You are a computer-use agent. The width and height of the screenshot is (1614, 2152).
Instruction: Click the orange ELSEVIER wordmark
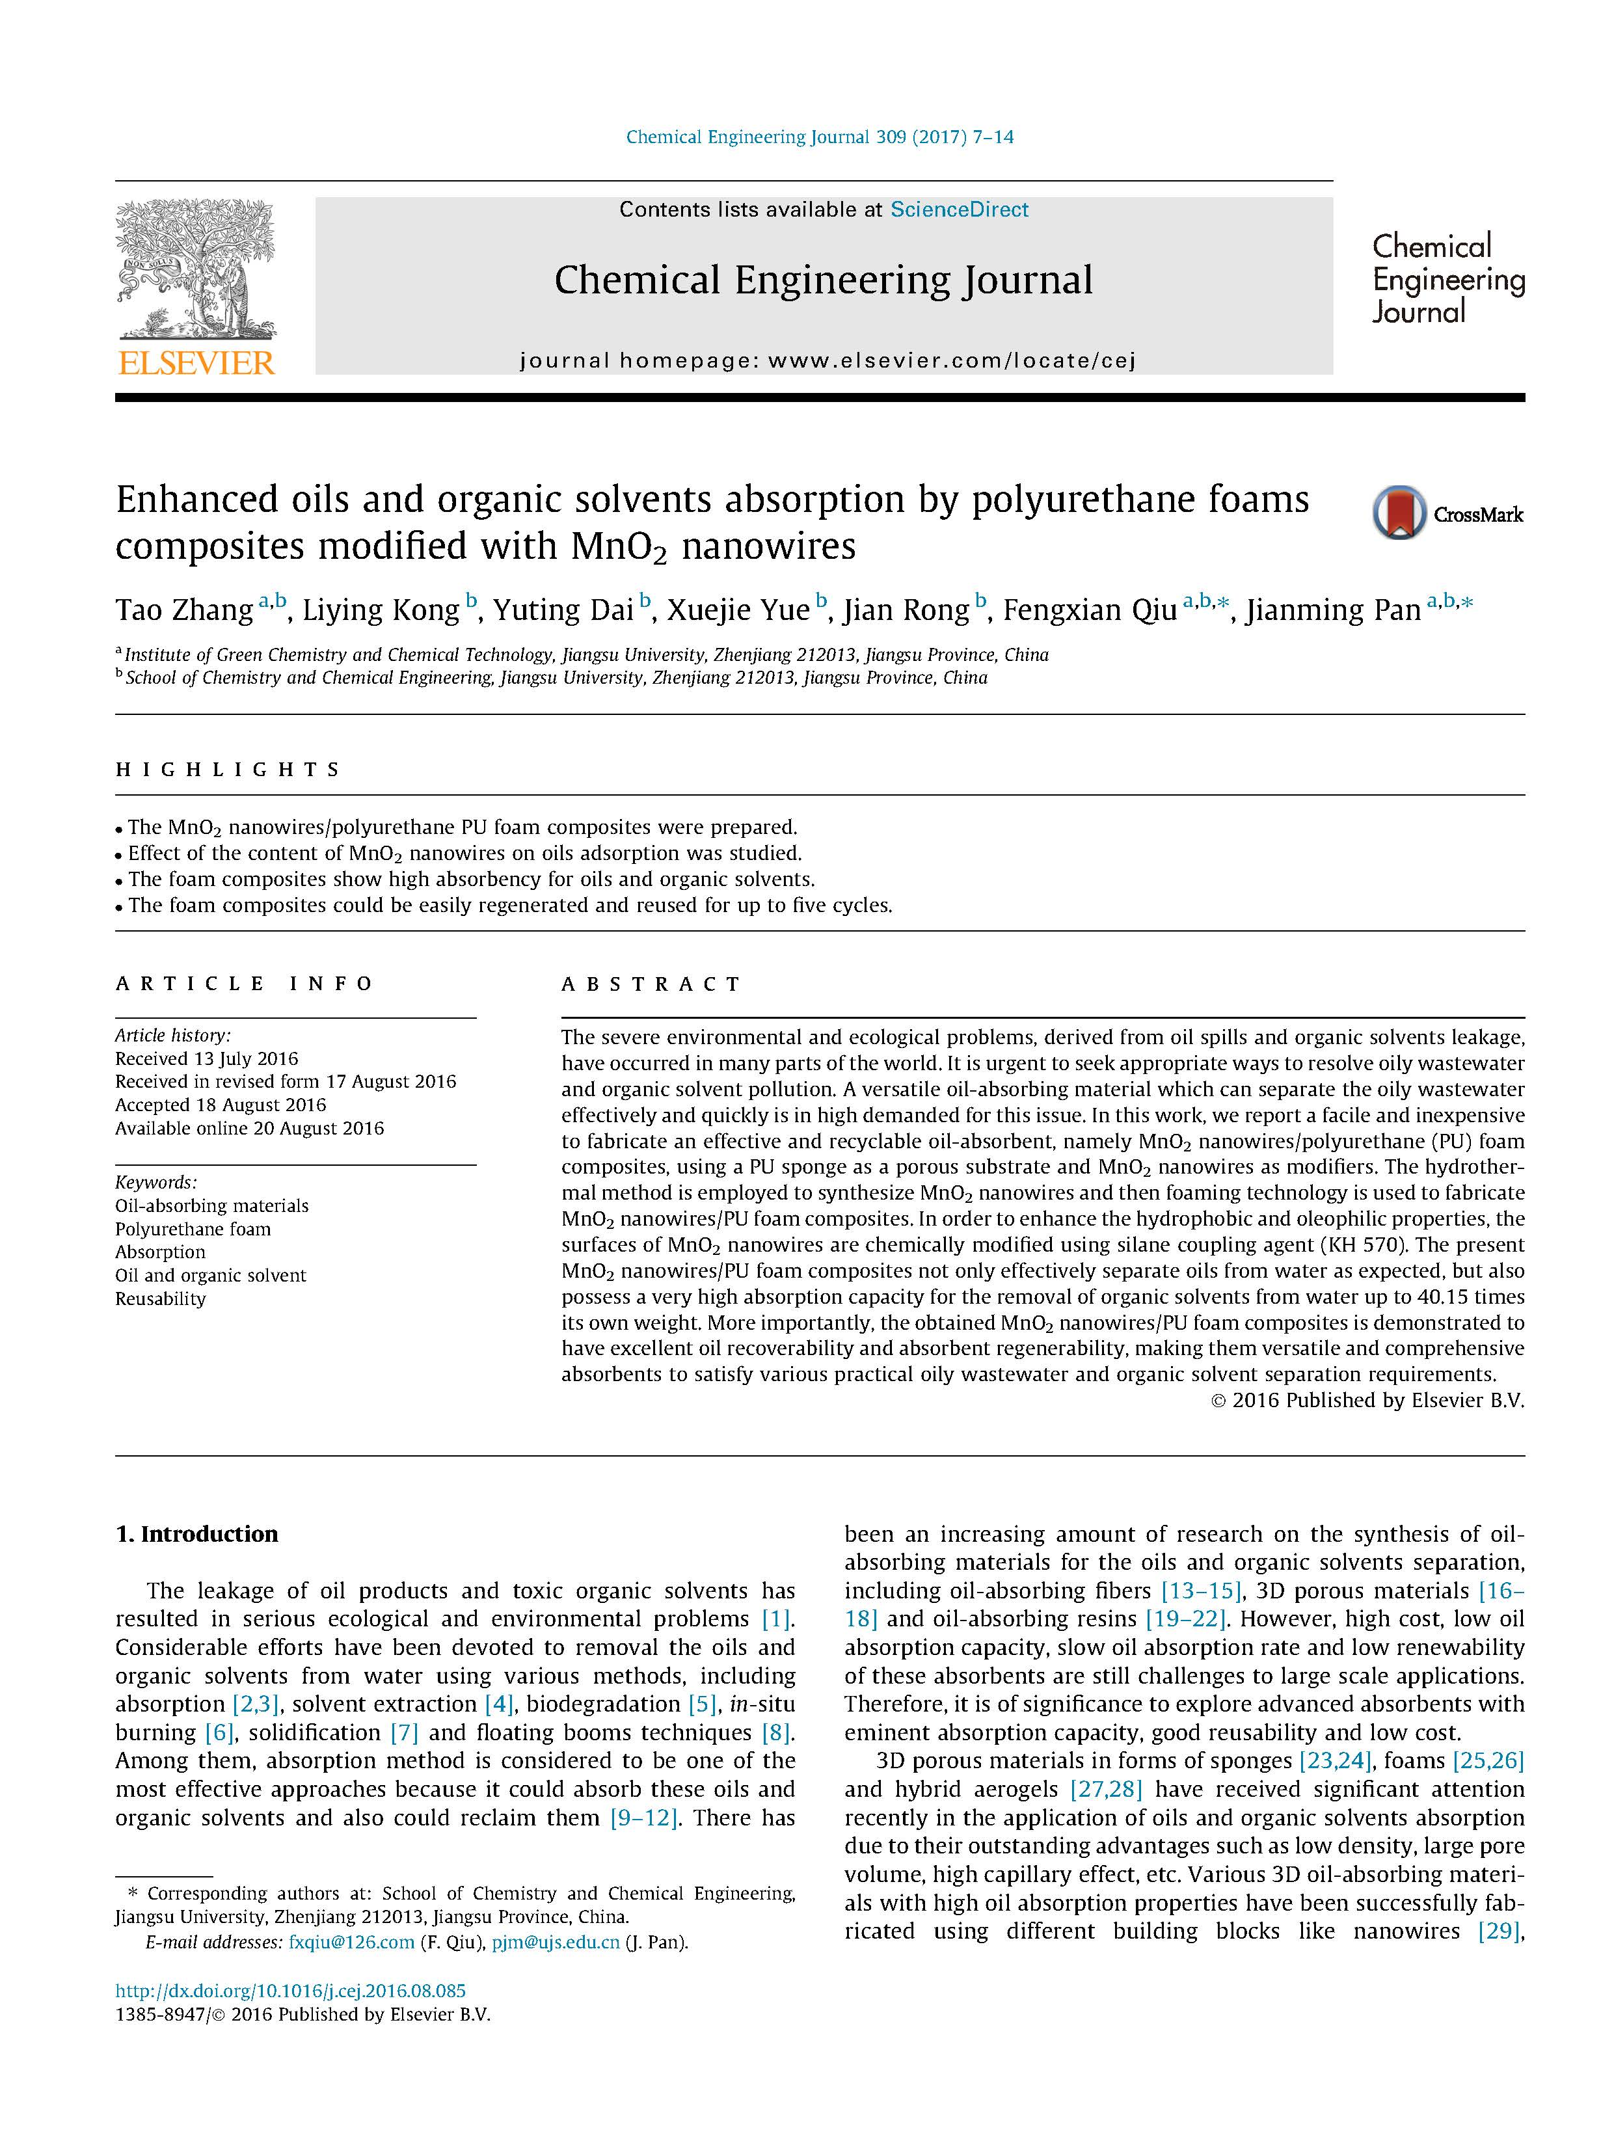point(196,363)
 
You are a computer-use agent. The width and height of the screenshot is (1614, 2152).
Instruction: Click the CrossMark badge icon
point(1399,513)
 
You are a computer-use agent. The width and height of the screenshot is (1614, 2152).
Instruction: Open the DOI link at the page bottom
point(290,1991)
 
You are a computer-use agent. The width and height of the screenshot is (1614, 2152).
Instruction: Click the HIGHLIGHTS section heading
point(228,770)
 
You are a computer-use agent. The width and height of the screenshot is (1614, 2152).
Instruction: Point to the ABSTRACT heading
point(651,984)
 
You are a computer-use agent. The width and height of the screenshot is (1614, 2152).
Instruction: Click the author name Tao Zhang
point(184,610)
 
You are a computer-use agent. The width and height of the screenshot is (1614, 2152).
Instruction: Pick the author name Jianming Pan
point(1333,610)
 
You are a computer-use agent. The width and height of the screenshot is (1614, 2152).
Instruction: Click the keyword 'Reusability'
point(161,1298)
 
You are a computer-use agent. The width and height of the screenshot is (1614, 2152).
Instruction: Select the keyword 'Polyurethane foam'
point(193,1229)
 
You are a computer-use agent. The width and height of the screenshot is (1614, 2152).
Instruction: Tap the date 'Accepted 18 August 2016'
point(221,1104)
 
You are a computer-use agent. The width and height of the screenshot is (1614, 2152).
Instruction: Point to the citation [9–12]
point(643,1818)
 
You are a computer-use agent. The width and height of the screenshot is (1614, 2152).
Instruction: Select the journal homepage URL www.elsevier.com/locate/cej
point(950,361)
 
